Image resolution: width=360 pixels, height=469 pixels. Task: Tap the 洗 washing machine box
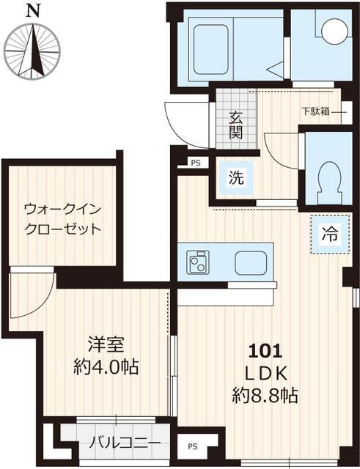[x=235, y=177]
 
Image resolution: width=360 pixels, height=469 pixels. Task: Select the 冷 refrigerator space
[x=330, y=234]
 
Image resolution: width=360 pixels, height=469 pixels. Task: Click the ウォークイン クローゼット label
[x=62, y=218]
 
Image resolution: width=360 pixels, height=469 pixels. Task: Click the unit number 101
[x=265, y=350]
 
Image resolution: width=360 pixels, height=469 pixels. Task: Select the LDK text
[x=265, y=373]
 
